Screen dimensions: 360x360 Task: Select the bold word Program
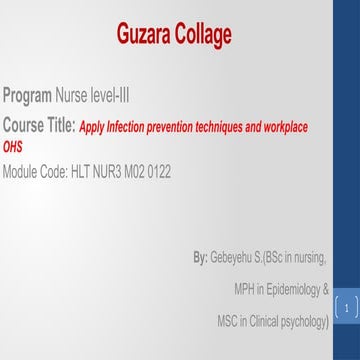click(27, 97)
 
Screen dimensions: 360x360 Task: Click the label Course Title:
click(39, 127)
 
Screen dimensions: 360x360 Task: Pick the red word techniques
click(223, 128)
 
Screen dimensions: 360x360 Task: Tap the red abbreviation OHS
click(13, 146)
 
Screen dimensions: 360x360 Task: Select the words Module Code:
click(35, 172)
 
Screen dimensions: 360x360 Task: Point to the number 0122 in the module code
click(157, 172)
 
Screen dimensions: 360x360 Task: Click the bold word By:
click(200, 258)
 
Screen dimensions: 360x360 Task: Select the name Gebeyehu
click(235, 258)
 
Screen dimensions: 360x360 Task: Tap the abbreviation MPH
click(246, 290)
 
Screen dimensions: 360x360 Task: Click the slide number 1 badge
click(346, 310)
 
